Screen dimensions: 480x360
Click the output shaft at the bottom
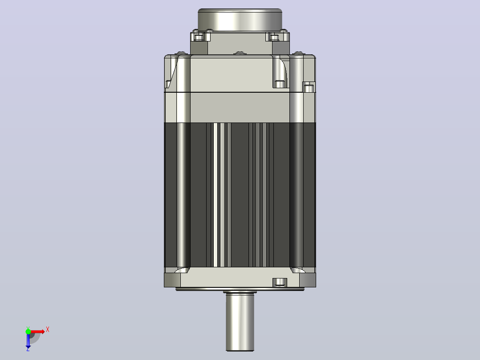240,322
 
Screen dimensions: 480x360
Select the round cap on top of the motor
240,20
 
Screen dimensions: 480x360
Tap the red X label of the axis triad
48,330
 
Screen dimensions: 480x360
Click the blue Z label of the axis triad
28,348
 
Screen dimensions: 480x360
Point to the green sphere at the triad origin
28,331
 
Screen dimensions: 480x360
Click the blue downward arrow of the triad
28,340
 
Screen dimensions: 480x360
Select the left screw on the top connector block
199,37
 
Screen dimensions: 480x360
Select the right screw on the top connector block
275,37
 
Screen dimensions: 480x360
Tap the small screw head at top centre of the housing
240,53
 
